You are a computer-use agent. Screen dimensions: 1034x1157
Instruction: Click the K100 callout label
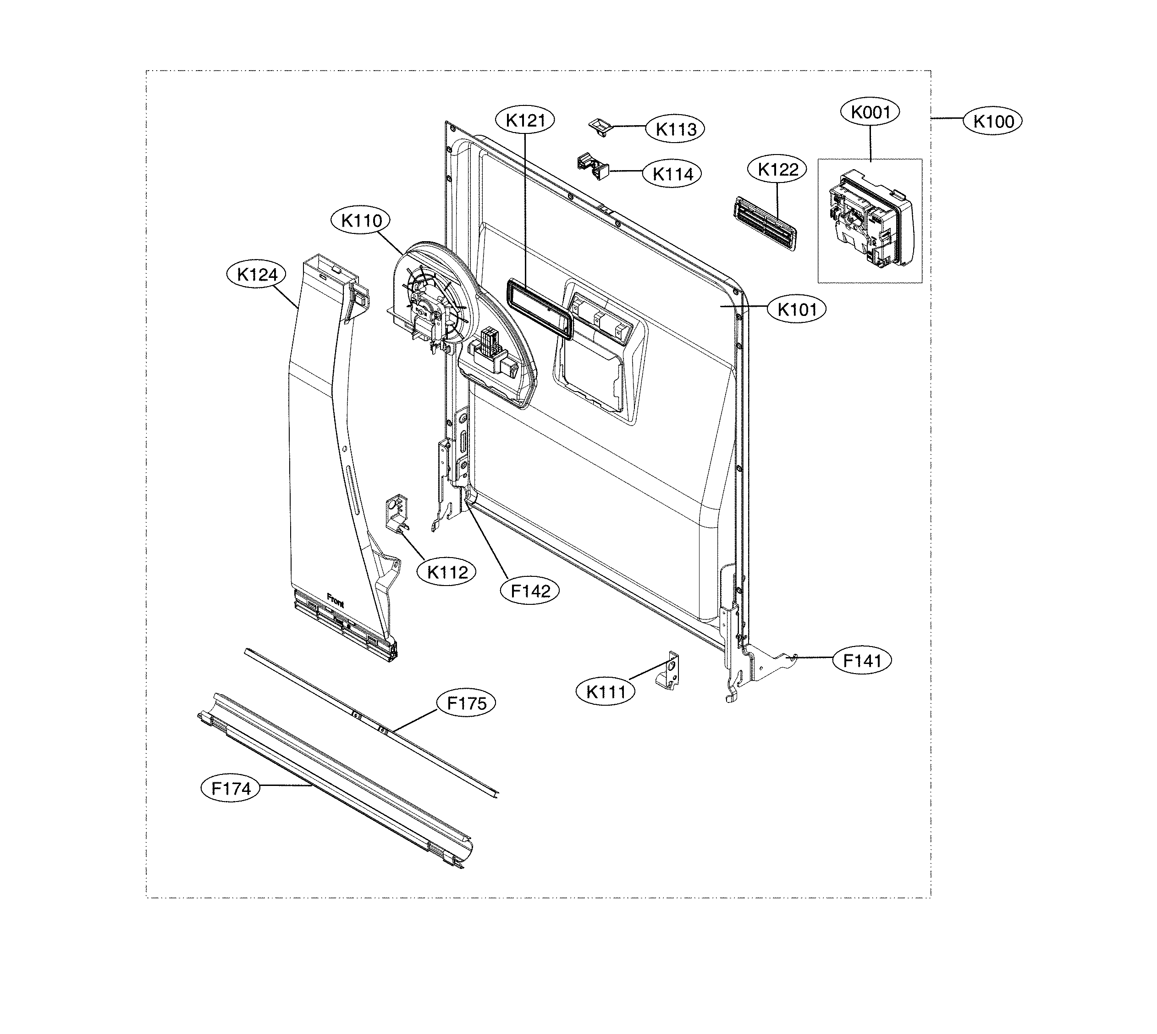click(x=993, y=122)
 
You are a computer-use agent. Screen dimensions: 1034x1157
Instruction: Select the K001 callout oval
click(x=870, y=112)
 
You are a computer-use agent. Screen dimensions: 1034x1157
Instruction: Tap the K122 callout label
click(x=777, y=169)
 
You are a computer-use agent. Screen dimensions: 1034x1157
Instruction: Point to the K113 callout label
click(x=675, y=129)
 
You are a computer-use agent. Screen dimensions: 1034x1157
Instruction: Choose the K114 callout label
click(x=672, y=174)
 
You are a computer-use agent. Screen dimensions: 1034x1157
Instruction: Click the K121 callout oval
click(x=525, y=121)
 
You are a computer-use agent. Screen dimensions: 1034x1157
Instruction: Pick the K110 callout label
click(x=361, y=221)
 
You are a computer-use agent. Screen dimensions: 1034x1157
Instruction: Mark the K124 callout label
click(x=257, y=275)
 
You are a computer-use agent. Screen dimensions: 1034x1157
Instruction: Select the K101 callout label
click(x=796, y=310)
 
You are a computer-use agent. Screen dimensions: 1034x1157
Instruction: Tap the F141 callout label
click(x=862, y=661)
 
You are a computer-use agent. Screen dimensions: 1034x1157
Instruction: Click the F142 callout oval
click(x=530, y=592)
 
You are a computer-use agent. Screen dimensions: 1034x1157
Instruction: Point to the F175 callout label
click(x=466, y=703)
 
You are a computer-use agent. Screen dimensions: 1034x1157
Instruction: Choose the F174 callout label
click(x=231, y=789)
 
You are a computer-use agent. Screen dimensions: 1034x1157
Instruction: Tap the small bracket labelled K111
click(x=670, y=672)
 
